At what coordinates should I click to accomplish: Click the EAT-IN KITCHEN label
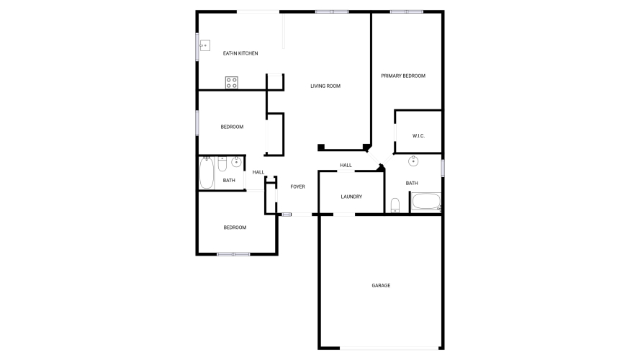click(x=240, y=53)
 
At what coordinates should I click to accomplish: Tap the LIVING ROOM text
click(x=325, y=86)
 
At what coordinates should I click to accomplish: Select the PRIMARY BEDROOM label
click(x=403, y=76)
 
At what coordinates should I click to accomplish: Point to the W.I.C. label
click(x=418, y=136)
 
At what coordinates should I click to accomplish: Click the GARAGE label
click(x=381, y=286)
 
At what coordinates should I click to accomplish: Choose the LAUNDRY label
click(x=351, y=197)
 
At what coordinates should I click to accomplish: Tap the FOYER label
click(x=297, y=186)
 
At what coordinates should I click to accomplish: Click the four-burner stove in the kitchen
click(x=231, y=83)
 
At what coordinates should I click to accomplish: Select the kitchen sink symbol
click(x=204, y=45)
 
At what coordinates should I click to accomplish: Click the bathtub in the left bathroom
click(x=207, y=173)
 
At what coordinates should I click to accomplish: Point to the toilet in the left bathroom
click(x=222, y=164)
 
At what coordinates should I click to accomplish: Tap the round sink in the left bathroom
click(x=236, y=162)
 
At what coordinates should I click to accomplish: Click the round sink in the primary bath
click(x=413, y=161)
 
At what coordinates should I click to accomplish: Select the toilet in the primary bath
click(x=395, y=205)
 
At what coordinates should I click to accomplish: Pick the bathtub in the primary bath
click(x=426, y=202)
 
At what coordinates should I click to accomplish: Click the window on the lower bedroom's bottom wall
click(x=233, y=254)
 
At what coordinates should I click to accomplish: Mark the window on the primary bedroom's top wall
click(x=407, y=12)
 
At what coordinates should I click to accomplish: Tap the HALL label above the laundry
click(x=346, y=166)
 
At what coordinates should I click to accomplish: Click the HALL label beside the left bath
click(x=258, y=172)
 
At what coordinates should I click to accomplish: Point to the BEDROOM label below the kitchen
click(x=232, y=127)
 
